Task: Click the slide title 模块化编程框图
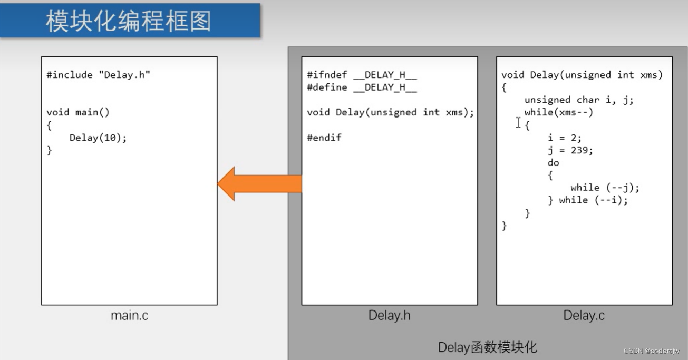click(129, 21)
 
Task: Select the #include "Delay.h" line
click(98, 75)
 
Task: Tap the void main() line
click(78, 112)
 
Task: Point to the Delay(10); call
click(98, 138)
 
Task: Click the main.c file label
click(129, 316)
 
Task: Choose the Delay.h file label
click(389, 316)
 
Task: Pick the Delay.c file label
click(584, 316)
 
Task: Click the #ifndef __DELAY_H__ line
click(362, 75)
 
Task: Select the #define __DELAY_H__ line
click(362, 87)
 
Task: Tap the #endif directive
click(324, 138)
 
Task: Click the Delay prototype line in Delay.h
click(390, 112)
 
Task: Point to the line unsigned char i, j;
click(579, 100)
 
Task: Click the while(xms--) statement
click(558, 112)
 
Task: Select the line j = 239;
click(570, 150)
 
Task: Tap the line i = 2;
click(564, 138)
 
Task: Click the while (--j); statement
click(605, 188)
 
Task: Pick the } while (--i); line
click(588, 200)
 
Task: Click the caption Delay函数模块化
click(487, 347)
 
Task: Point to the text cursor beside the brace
click(518, 123)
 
